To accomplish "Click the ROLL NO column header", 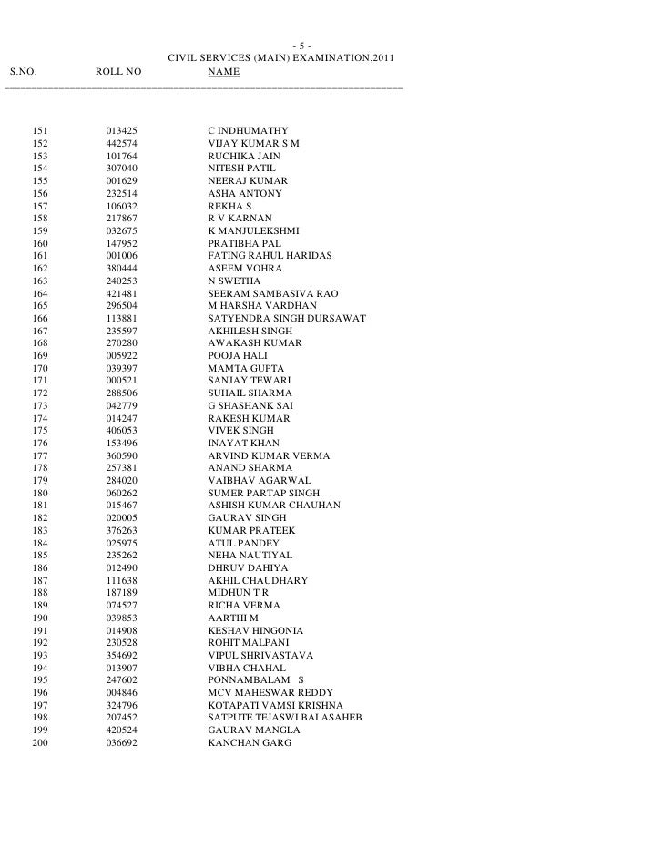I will tap(119, 72).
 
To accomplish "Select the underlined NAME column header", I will tap(223, 72).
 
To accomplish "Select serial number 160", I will tap(40, 245).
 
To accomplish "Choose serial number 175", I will tap(40, 431).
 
